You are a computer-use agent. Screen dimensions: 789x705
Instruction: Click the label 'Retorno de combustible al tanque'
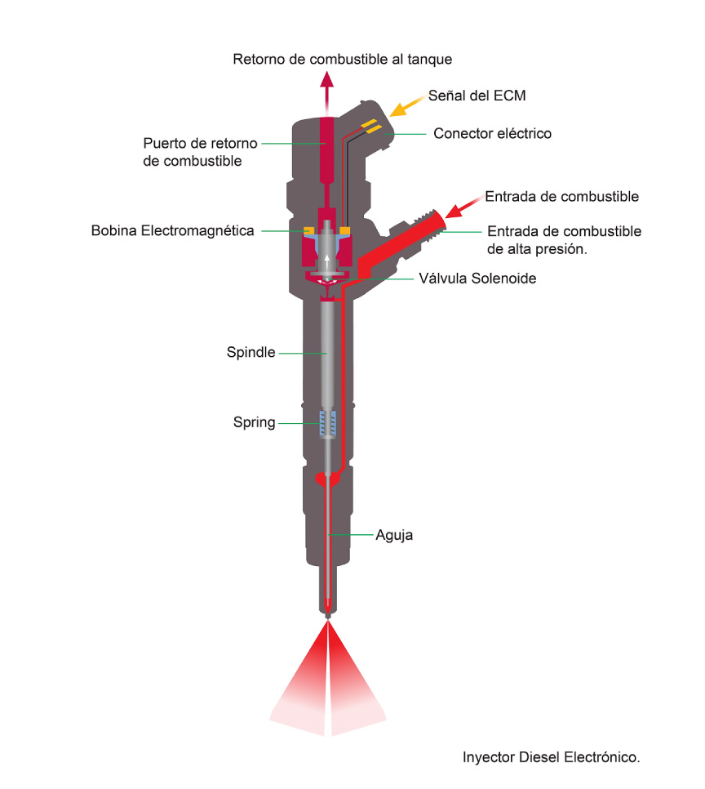342,60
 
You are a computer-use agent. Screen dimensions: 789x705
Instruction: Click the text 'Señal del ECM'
477,96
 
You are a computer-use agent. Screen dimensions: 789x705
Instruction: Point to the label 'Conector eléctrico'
492,133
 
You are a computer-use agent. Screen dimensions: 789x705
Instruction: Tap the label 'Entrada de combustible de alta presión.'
564,240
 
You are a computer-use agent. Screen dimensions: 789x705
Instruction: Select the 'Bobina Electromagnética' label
172,231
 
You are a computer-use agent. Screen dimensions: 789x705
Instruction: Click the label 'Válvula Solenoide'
477,279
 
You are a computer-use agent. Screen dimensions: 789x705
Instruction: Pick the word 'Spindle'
251,353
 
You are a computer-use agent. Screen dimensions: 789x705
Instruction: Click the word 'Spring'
254,423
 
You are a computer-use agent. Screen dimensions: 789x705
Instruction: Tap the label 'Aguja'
394,536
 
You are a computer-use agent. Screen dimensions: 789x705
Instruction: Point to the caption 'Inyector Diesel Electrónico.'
551,757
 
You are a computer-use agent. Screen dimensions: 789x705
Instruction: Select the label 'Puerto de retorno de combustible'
200,152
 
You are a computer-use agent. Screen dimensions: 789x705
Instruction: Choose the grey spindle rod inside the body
327,351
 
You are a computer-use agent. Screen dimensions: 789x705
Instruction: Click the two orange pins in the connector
371,126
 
